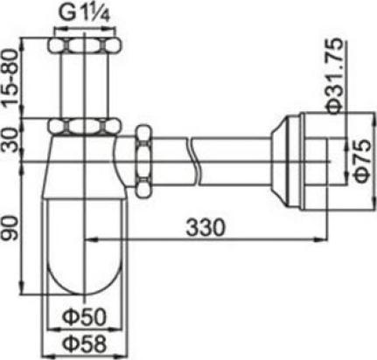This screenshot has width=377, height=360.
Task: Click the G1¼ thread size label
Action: (83, 13)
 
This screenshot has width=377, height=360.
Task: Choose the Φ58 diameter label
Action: (84, 341)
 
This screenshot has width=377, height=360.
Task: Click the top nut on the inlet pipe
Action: (84, 46)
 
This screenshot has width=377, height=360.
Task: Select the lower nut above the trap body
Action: (84, 126)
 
